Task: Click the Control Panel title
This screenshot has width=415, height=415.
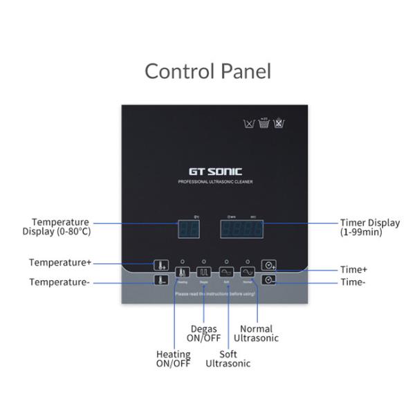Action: point(207,71)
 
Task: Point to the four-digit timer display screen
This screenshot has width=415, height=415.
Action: point(241,228)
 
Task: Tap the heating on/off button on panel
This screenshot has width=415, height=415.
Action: point(183,273)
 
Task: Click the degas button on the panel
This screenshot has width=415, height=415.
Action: point(204,273)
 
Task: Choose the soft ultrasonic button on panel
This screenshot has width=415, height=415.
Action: point(226,273)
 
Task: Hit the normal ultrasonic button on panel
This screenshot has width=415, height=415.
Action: point(248,273)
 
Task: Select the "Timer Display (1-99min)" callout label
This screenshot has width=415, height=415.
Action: point(369,228)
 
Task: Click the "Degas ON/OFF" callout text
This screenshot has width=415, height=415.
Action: point(204,333)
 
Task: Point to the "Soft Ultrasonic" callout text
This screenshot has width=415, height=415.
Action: point(228,359)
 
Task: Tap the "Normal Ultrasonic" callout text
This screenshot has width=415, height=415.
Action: point(256,333)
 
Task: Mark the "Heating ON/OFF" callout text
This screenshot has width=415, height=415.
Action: point(173,359)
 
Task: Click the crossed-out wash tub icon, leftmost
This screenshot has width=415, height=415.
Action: point(249,124)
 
